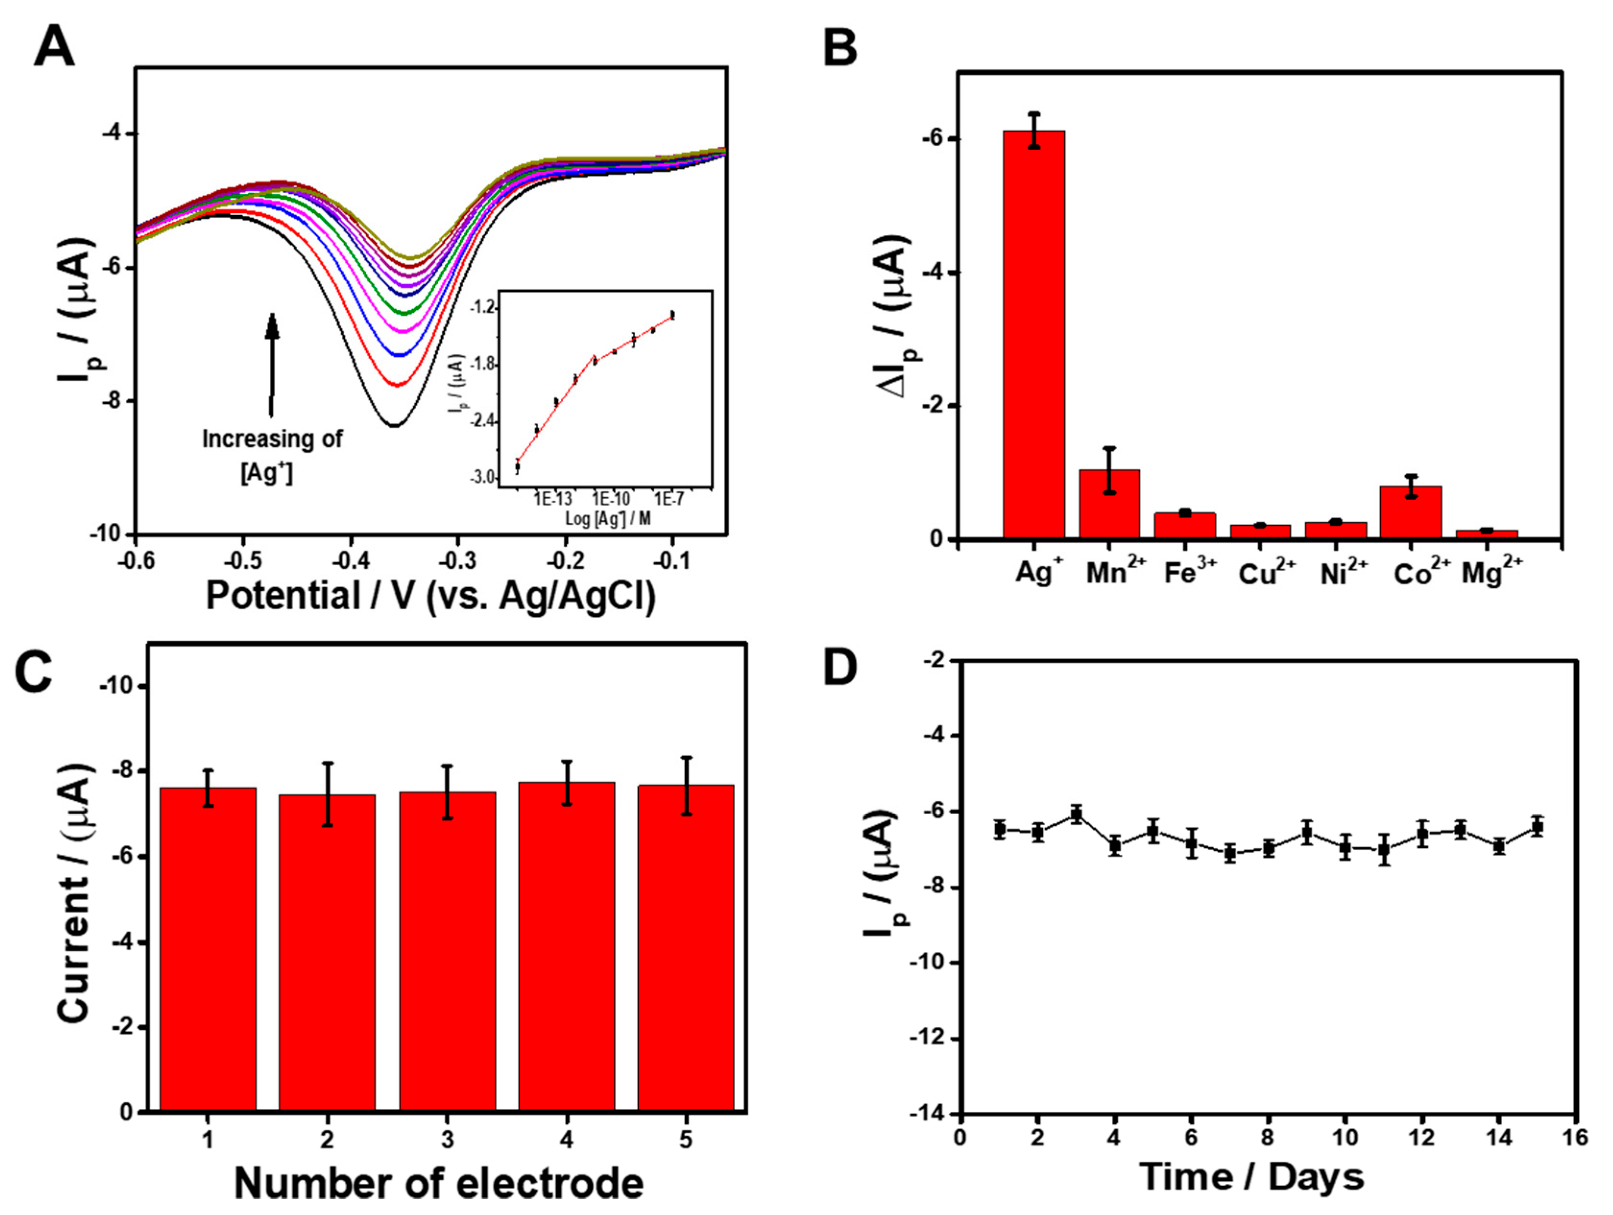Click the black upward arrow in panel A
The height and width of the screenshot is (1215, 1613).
coord(272,365)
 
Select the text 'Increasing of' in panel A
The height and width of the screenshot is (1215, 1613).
coord(272,439)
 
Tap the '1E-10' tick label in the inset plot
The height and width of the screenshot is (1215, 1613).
coord(611,499)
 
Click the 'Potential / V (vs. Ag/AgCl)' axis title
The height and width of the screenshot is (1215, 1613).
coord(430,596)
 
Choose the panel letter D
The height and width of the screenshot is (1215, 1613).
coord(839,669)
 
